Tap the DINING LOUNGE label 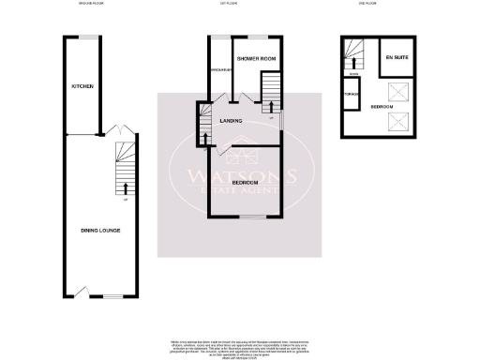point(99,230)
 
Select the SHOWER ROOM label point(255,59)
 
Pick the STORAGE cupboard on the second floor point(352,94)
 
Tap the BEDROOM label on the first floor point(246,180)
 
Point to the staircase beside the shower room point(269,93)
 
